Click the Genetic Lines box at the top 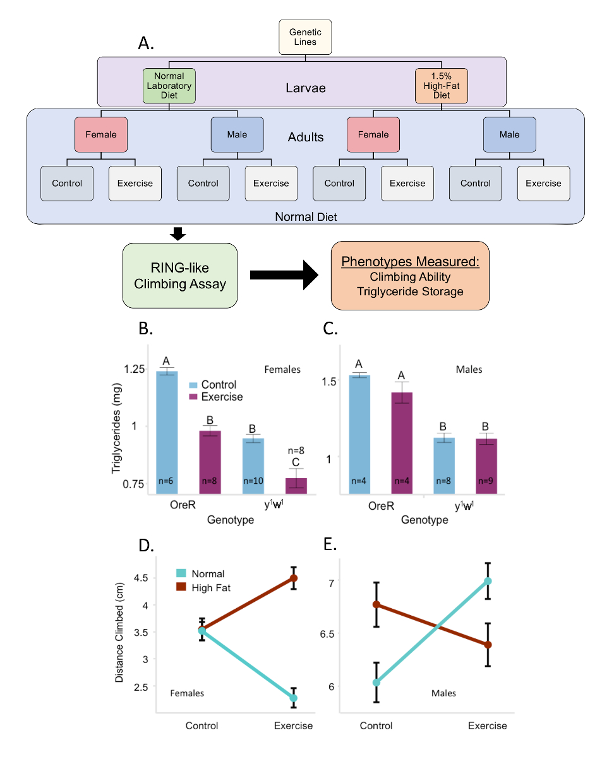306,37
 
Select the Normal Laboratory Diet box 169,85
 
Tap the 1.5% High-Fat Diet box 440,85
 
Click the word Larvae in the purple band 306,88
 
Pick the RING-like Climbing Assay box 180,276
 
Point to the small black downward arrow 178,233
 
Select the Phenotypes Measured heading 410,262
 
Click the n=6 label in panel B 166,481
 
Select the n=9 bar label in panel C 486,481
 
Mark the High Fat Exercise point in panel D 293,578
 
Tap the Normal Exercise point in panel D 293,698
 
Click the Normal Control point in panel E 376,683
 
